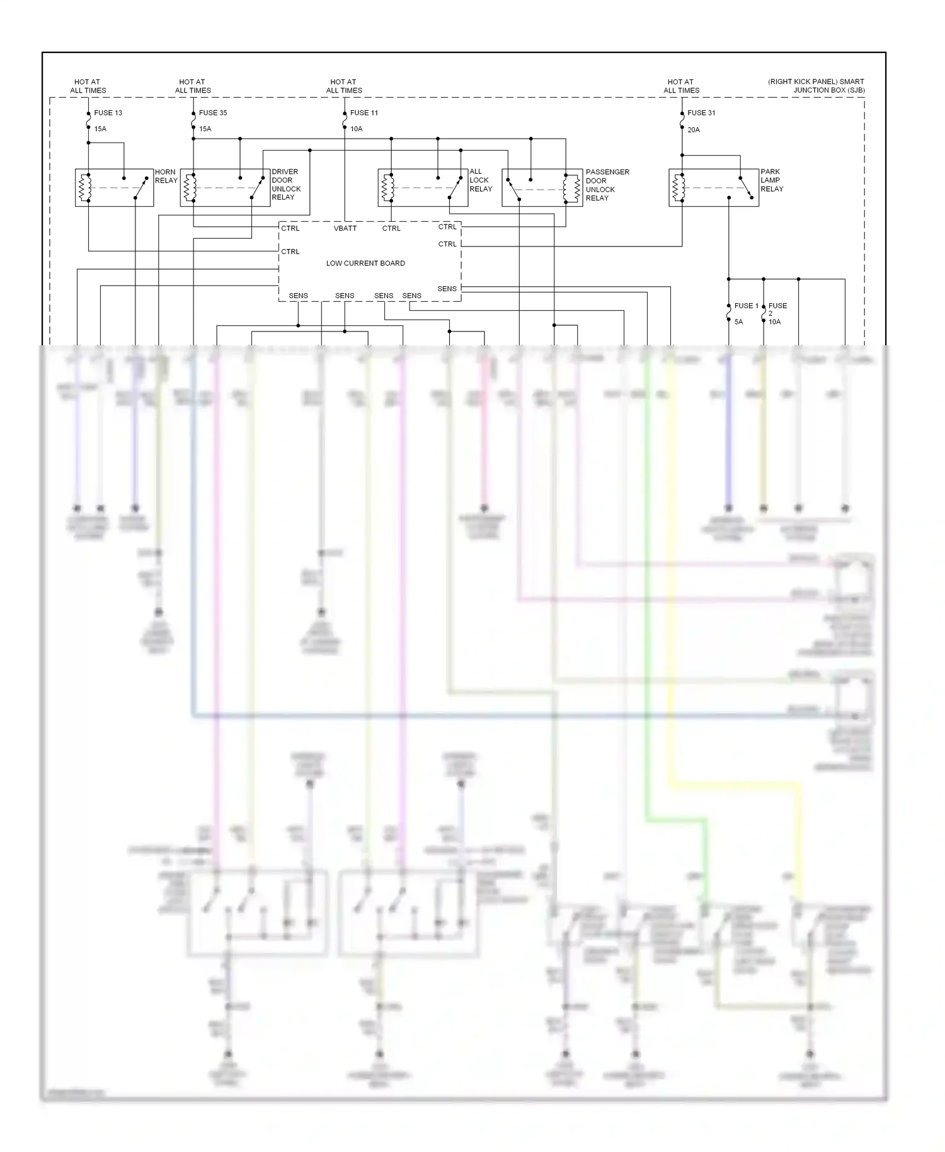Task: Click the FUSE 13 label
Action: pyautogui.click(x=108, y=113)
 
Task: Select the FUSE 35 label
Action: pyautogui.click(x=213, y=113)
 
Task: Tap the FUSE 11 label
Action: pyautogui.click(x=364, y=113)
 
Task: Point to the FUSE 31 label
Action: pyautogui.click(x=701, y=113)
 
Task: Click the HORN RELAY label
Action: pyautogui.click(x=166, y=176)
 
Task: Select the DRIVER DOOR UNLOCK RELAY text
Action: pyautogui.click(x=286, y=185)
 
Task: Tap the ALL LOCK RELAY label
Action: pyautogui.click(x=481, y=180)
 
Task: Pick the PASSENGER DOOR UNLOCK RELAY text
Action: pyautogui.click(x=607, y=185)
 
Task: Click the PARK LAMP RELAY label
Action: pyautogui.click(x=772, y=180)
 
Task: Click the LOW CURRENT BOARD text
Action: pyautogui.click(x=365, y=263)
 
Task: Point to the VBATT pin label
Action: pyautogui.click(x=345, y=228)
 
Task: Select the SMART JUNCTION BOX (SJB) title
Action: pyautogui.click(x=816, y=86)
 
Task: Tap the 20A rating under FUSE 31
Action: pyautogui.click(x=694, y=130)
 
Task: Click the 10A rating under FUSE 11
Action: pyautogui.click(x=357, y=129)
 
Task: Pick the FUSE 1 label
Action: pyautogui.click(x=747, y=306)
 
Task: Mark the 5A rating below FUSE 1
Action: pyautogui.click(x=739, y=322)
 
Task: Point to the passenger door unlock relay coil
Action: pyautogui.click(x=573, y=188)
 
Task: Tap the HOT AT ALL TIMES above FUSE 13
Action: pyautogui.click(x=88, y=86)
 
